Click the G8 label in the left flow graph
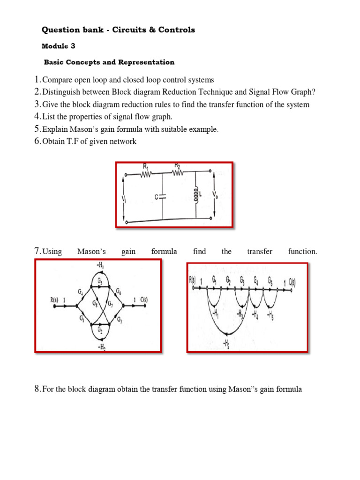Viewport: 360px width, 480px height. [95, 304]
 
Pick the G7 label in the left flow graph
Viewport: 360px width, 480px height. [110, 304]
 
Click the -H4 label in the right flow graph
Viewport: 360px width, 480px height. [256, 314]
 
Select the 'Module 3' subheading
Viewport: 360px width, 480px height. [58, 46]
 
